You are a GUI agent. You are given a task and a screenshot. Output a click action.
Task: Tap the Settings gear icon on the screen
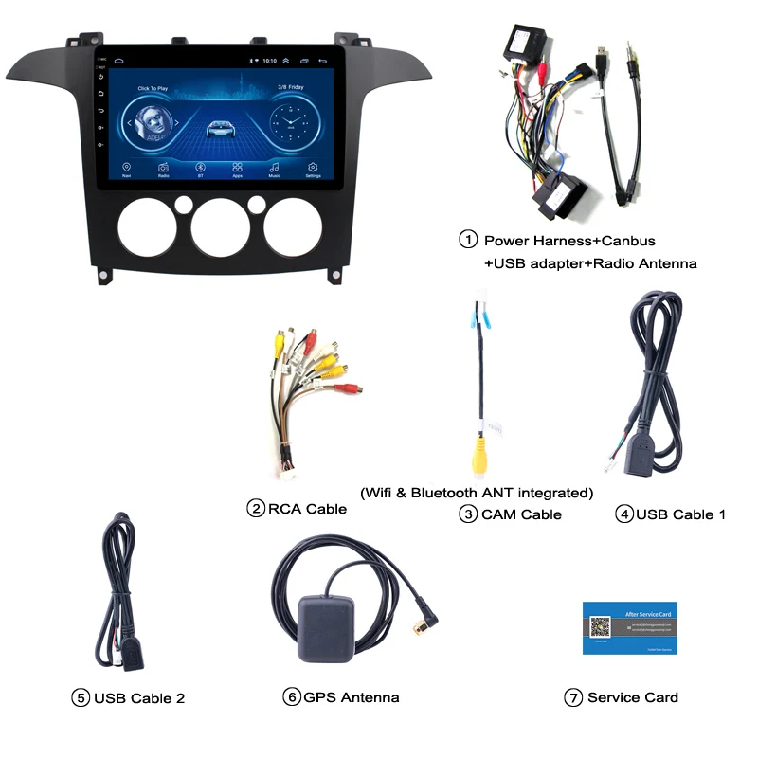313,167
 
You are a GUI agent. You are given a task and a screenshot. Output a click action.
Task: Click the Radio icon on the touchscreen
163,167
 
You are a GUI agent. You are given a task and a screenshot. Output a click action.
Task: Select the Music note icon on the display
275,167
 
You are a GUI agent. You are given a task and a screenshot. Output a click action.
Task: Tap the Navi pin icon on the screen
126,167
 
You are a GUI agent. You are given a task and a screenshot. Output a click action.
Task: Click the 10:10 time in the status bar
270,60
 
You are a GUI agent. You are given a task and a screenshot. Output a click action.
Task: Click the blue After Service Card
629,626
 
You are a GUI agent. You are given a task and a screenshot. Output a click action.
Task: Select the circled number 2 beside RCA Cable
255,509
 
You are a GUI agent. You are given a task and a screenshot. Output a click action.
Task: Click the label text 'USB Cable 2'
139,698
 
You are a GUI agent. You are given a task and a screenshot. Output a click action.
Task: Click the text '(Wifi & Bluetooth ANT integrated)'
477,492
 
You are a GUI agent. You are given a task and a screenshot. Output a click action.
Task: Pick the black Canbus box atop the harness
532,44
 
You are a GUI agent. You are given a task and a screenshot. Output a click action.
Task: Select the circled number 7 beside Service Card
572,697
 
